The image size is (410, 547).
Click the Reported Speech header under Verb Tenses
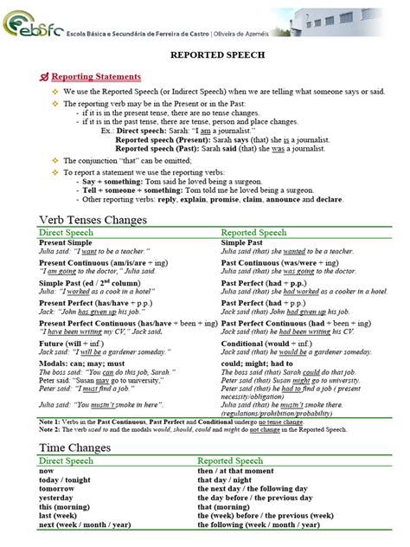(x=253, y=233)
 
